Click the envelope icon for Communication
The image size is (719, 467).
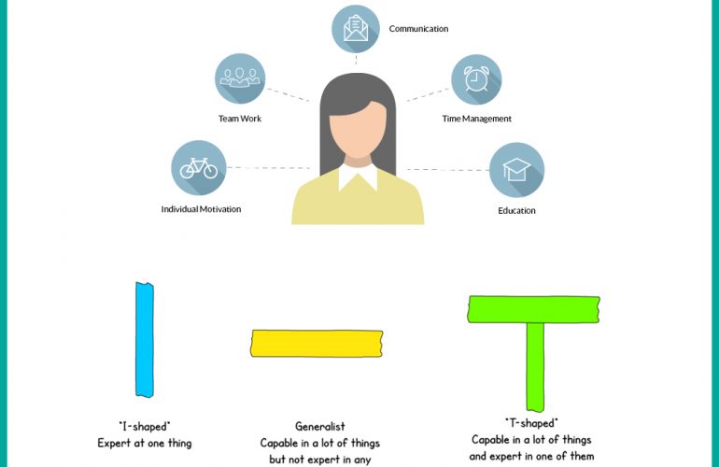click(356, 29)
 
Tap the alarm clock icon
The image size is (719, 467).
click(476, 79)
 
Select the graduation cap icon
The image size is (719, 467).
click(516, 170)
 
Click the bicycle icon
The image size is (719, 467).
click(198, 168)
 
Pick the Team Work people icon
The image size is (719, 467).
click(240, 78)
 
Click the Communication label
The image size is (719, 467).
click(418, 29)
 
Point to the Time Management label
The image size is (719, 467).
click(476, 119)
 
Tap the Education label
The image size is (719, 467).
click(516, 210)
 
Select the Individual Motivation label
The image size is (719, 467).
click(201, 209)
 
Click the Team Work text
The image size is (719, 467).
click(239, 119)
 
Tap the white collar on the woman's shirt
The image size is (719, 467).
click(359, 177)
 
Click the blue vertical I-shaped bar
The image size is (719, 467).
click(144, 339)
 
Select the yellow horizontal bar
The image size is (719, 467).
click(317, 343)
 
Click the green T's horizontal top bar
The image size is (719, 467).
click(533, 309)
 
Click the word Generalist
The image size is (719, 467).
click(319, 427)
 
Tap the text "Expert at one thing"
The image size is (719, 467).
click(144, 443)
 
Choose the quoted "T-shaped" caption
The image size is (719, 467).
click(530, 423)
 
